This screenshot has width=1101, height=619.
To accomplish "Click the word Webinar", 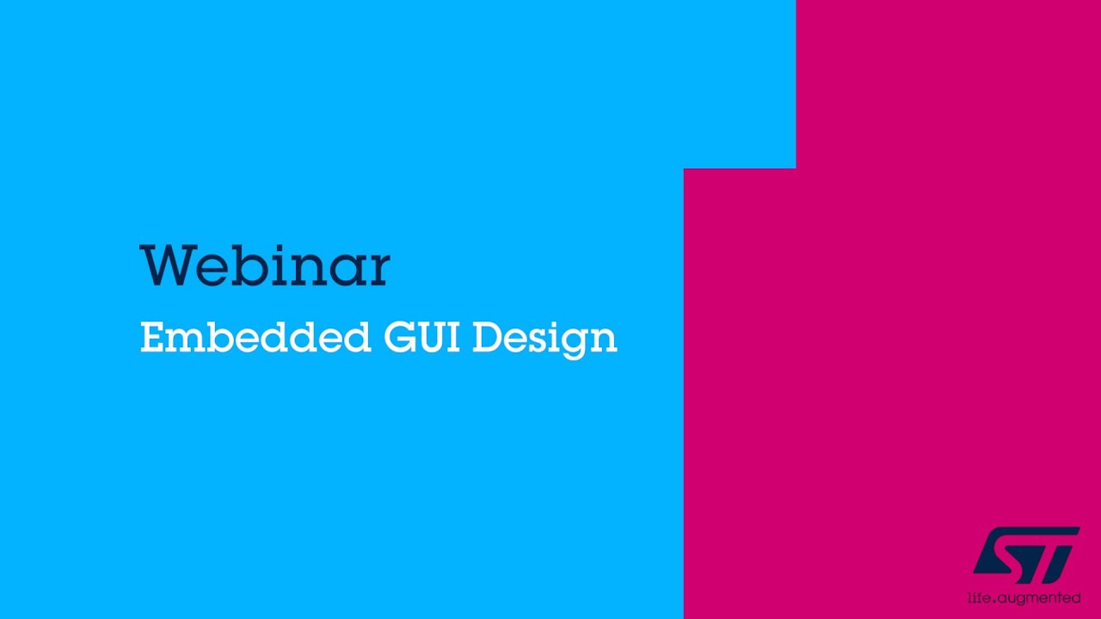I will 265,266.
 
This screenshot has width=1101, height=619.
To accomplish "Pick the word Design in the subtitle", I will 544,338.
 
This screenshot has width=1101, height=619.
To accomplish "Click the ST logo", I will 1025,555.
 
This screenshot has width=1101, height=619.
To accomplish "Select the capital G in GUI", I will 399,337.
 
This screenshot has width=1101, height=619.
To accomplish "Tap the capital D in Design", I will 488,337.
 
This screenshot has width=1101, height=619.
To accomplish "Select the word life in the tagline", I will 977,597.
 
